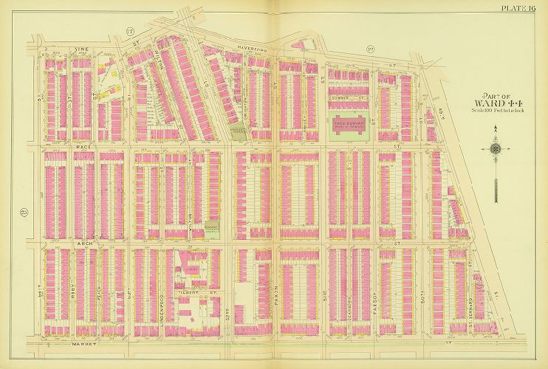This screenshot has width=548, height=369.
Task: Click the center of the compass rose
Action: click(495, 148)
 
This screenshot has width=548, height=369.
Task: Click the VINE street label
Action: click(81, 51)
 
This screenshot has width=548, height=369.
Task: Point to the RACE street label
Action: click(82, 147)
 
